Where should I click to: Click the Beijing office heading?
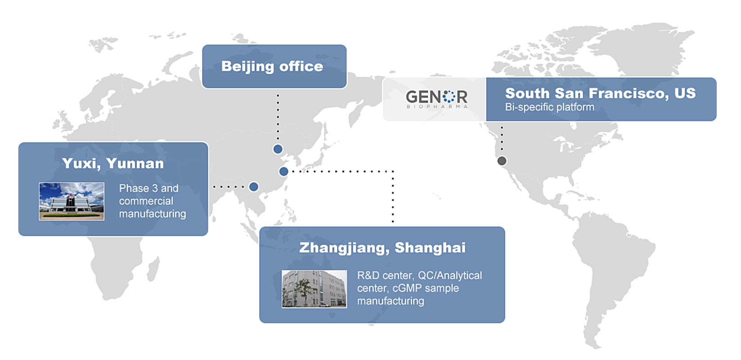tap(272, 67)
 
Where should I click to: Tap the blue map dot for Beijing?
tap(278, 149)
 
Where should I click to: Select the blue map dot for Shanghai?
tap(284, 171)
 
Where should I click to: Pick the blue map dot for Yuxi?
tap(254, 187)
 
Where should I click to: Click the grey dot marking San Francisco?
tap(502, 161)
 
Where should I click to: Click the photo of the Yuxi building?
tap(72, 201)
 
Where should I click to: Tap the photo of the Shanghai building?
tap(314, 289)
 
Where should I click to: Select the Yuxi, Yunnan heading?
tap(113, 163)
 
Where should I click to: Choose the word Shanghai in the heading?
tap(430, 248)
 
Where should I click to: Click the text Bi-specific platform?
tap(549, 107)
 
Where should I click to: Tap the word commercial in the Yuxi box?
tap(146, 201)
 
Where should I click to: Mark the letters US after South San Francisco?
tap(685, 93)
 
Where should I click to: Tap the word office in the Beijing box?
tap(301, 67)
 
